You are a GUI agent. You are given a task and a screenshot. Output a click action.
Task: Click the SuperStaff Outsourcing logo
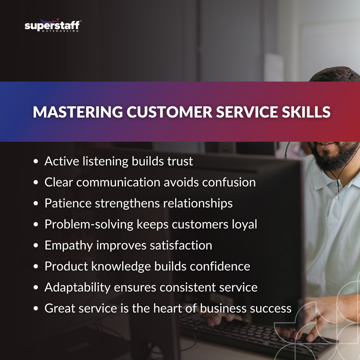53,26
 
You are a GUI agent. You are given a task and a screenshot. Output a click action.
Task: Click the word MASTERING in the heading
77,112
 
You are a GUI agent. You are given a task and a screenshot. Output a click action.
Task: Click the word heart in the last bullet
179,309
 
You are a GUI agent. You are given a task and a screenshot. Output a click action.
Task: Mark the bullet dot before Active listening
36,162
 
